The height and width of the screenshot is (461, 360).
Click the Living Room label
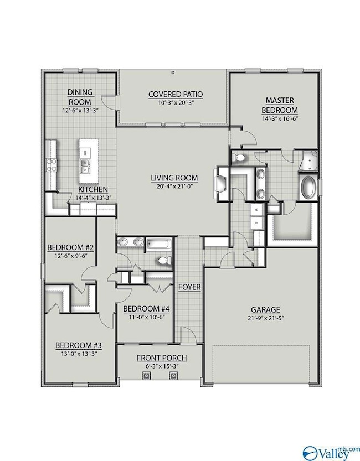coord(174,178)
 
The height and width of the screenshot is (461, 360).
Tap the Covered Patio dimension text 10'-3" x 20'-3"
coord(176,102)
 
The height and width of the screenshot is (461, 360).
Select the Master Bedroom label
coord(280,105)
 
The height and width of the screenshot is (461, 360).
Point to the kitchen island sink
coord(85,166)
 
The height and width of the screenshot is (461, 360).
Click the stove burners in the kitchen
coord(51,165)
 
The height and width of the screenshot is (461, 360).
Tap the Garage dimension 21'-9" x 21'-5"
coord(266,318)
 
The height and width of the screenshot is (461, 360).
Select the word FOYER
coord(189,287)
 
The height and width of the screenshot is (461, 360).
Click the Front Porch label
coord(162,358)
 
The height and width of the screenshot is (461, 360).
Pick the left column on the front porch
coord(147,375)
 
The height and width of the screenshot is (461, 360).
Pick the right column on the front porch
coord(173,375)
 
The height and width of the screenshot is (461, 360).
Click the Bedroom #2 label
coord(70,247)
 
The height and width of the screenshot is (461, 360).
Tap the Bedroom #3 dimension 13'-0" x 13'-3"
coord(79,354)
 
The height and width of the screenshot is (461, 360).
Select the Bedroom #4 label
coord(146,309)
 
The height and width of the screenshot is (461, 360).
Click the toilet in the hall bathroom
coord(164,260)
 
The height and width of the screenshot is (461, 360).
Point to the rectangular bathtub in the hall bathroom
coord(159,244)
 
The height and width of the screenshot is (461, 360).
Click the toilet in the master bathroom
coord(238,158)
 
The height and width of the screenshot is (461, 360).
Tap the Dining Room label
coord(80,97)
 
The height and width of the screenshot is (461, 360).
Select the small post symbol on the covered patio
coord(173,72)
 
